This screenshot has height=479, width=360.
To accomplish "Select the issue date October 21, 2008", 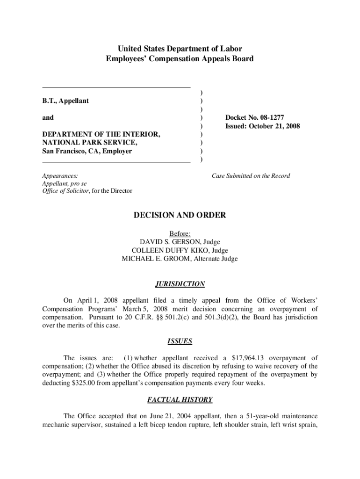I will [x=274, y=126].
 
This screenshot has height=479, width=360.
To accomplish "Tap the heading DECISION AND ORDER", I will [x=180, y=215].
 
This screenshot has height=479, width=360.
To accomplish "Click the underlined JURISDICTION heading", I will [x=180, y=284].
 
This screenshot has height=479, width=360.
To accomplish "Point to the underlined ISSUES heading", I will [x=180, y=341].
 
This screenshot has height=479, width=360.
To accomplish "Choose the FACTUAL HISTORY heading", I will [x=180, y=399].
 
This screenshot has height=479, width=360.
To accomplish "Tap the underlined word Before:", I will [x=180, y=233].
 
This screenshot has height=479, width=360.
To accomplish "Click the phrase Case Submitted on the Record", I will [x=251, y=176].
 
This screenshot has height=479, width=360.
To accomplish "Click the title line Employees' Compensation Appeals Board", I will [x=180, y=59].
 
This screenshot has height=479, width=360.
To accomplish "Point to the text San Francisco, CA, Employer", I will [x=87, y=151].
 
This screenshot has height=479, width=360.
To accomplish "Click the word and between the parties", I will [x=48, y=117].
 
